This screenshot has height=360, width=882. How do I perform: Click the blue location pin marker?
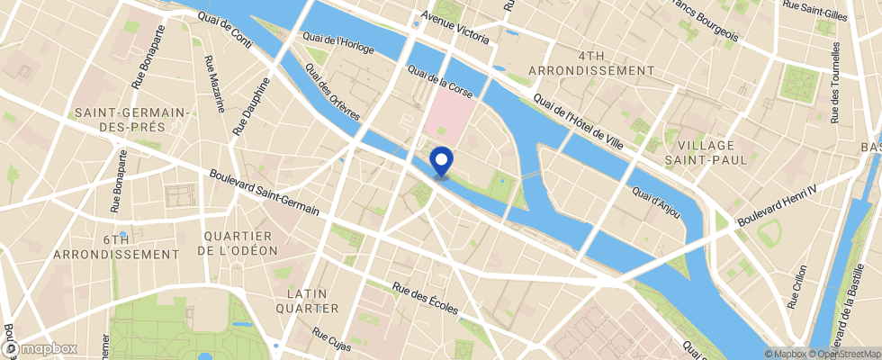point(442,161)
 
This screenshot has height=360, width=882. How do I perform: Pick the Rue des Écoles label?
point(426,299)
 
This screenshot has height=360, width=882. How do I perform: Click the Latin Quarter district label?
point(312,301)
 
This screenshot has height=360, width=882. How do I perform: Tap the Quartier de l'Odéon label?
point(238,243)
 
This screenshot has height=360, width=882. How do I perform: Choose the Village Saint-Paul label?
point(706,152)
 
